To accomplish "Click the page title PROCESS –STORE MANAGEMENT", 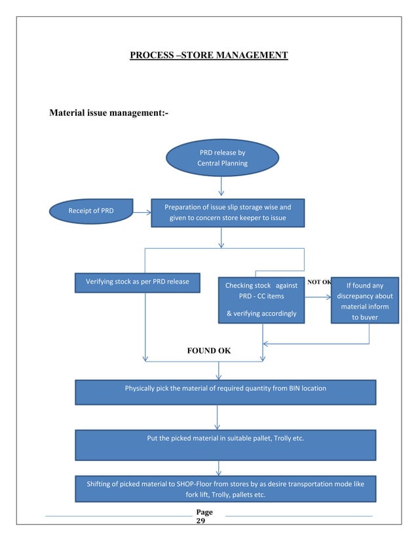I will coord(208,55).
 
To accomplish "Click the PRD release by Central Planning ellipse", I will coord(222,158).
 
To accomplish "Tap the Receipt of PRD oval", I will coord(91,210).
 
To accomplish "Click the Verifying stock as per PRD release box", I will coord(137,282).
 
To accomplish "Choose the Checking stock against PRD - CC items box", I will coord(261,300).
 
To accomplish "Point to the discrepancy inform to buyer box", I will coord(364,301).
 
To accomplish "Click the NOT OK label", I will coord(318,282).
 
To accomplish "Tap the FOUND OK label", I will coord(208,350).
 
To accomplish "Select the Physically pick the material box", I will coord(225,392).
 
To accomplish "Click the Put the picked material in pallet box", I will coord(225,445).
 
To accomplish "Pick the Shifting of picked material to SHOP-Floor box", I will coord(225,489).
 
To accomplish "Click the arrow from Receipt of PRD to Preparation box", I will coord(142,212).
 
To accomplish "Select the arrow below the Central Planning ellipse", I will coord(221,187).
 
